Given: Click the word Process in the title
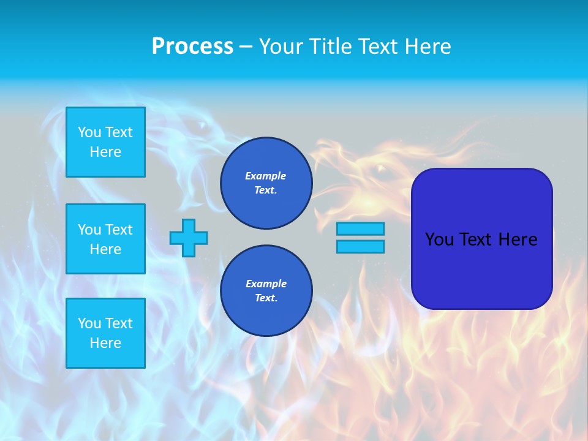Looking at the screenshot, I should point(192,47).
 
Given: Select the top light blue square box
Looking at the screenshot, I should point(105,142).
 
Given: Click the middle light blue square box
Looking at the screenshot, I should point(105,239).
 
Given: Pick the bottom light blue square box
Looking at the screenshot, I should point(105,333).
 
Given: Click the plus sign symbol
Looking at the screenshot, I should point(189,238).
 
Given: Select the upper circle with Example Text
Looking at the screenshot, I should point(266,183).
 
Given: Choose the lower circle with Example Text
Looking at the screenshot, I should point(266,291).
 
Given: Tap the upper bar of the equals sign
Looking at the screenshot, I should point(360,228).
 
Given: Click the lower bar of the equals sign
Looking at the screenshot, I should point(360,247).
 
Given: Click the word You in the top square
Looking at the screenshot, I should point(89,132).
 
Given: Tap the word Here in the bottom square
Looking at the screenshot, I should point(105,343).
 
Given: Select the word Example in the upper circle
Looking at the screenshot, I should point(266,176).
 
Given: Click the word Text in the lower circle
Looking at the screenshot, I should point(266,298).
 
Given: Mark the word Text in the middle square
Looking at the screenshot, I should point(119,230).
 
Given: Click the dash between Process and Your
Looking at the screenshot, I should point(246,47).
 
